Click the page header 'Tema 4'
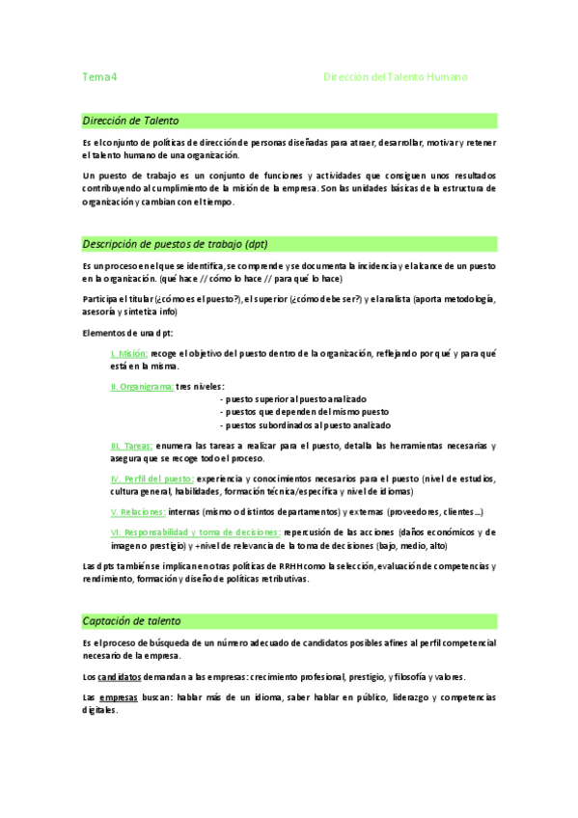coord(99,76)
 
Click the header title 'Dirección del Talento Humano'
coord(395,76)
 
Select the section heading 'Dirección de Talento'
coord(130,121)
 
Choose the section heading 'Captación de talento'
coord(131,620)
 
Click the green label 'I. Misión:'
coord(129,354)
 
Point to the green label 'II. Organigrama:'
coord(142,386)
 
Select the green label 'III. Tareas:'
coord(132,446)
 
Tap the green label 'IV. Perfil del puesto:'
coord(152,478)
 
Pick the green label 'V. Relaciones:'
coord(138,511)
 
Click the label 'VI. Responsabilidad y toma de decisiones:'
coord(196,532)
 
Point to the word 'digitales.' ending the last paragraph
coord(99,709)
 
